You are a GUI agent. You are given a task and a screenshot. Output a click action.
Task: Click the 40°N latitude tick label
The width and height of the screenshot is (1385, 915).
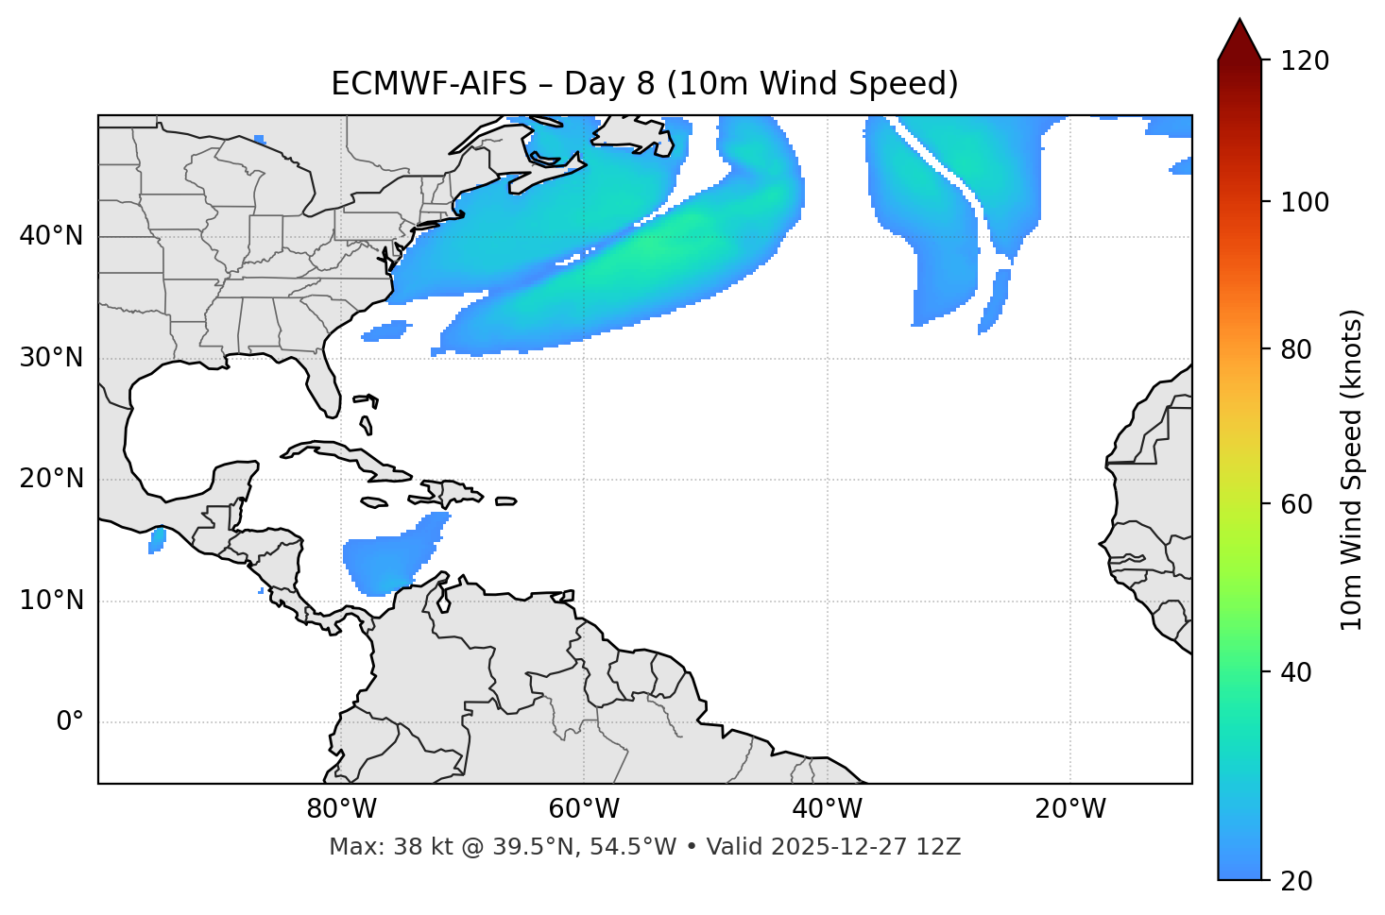(51, 236)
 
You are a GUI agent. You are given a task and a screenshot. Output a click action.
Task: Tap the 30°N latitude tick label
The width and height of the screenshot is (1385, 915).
(51, 358)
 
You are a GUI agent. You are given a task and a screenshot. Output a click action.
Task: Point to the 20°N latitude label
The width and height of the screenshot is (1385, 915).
(51, 479)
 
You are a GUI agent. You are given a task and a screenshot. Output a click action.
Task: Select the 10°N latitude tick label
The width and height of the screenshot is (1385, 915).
(51, 601)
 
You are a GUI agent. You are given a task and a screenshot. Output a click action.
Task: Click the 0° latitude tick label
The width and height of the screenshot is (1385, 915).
(70, 722)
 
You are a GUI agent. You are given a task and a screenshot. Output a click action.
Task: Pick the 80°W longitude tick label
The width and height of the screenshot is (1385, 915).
(341, 809)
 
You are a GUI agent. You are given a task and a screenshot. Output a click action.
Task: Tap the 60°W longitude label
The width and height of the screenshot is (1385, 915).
(584, 809)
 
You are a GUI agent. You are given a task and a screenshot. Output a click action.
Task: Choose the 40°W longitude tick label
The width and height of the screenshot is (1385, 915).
(828, 809)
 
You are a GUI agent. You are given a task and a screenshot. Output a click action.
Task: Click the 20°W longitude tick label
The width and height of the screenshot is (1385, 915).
(1070, 809)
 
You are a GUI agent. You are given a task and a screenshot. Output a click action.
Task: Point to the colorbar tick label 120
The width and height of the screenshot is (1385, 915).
(1304, 61)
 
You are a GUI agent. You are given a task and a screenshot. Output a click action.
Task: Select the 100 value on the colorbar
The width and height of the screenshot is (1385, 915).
(1304, 202)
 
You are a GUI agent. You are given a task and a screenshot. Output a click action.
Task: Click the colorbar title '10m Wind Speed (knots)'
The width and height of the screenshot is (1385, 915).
(1352, 469)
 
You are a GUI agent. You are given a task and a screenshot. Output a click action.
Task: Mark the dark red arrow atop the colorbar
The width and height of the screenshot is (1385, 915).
(1240, 41)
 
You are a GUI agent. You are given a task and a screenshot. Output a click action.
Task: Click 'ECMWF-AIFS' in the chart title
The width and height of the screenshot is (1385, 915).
(429, 84)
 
